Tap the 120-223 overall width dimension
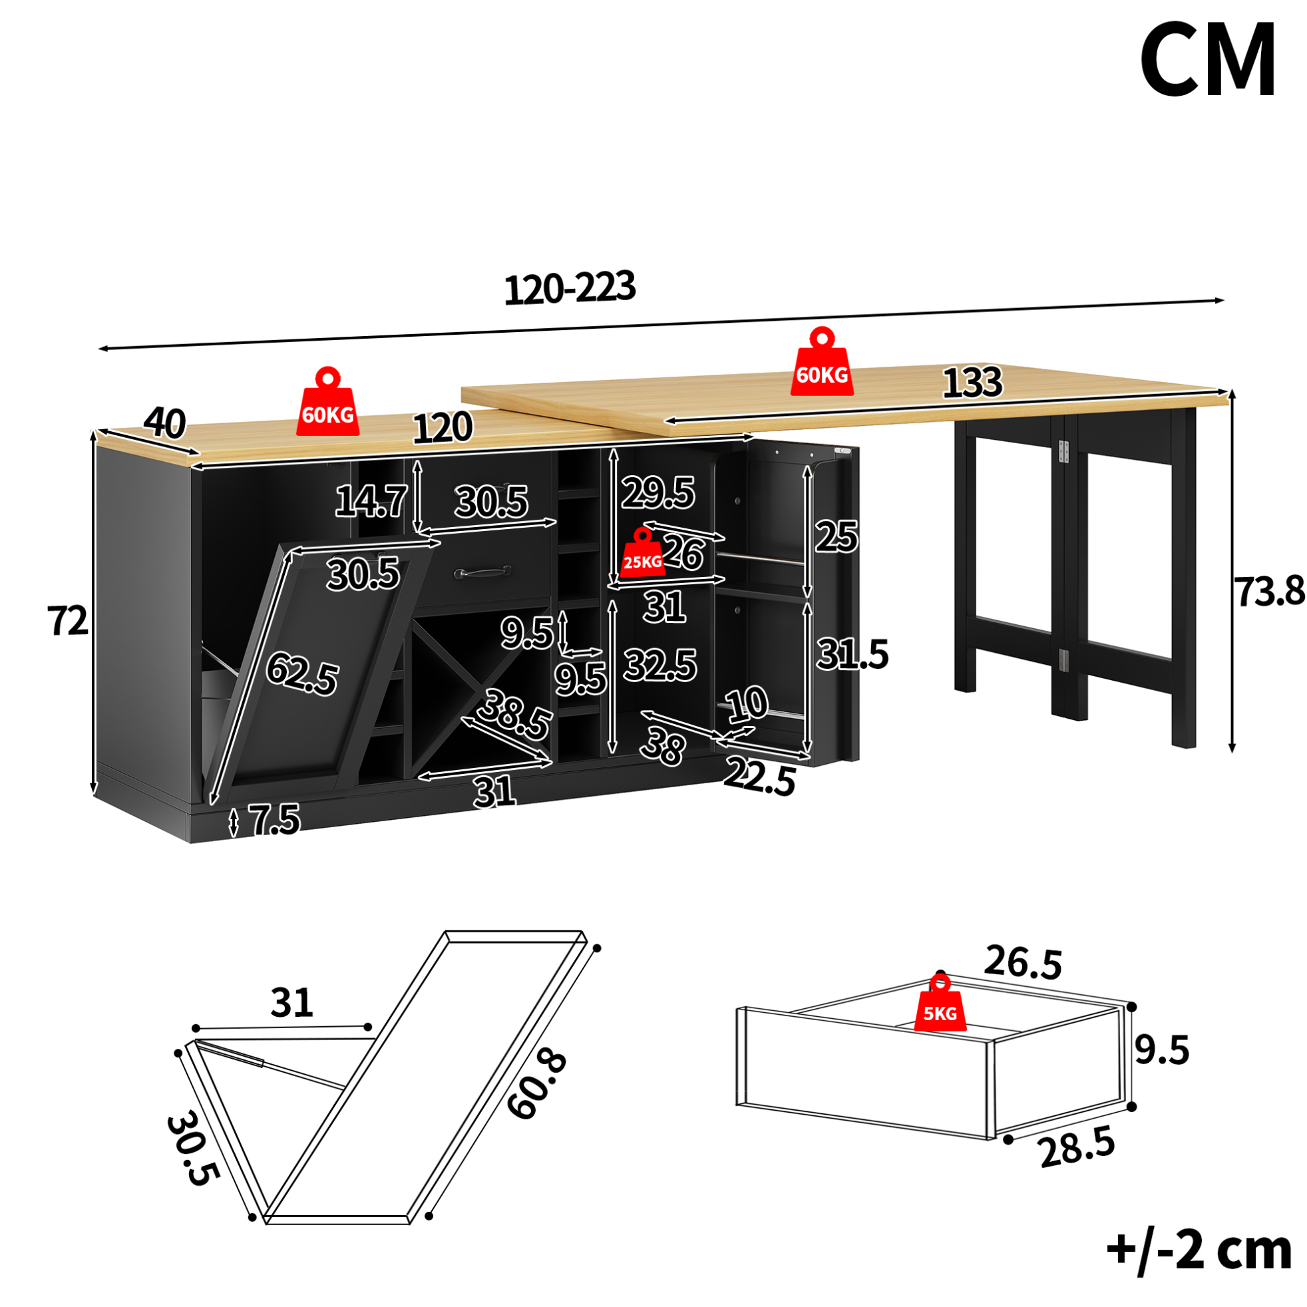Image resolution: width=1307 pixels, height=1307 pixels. tap(570, 287)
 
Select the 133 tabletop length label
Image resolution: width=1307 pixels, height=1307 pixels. tap(972, 382)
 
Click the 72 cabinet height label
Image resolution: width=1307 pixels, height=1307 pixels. tap(68, 620)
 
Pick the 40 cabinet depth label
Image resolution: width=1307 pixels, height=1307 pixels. tap(164, 423)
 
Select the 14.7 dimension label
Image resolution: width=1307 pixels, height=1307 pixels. tap(371, 501)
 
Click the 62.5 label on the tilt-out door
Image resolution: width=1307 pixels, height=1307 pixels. tap(301, 673)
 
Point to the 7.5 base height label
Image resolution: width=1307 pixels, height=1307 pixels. tap(274, 820)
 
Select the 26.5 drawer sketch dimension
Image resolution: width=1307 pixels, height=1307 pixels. tap(1023, 963)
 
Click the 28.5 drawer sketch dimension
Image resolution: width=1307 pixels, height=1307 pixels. tap(1077, 1148)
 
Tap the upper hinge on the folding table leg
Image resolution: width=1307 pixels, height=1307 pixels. tap(1063, 452)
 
